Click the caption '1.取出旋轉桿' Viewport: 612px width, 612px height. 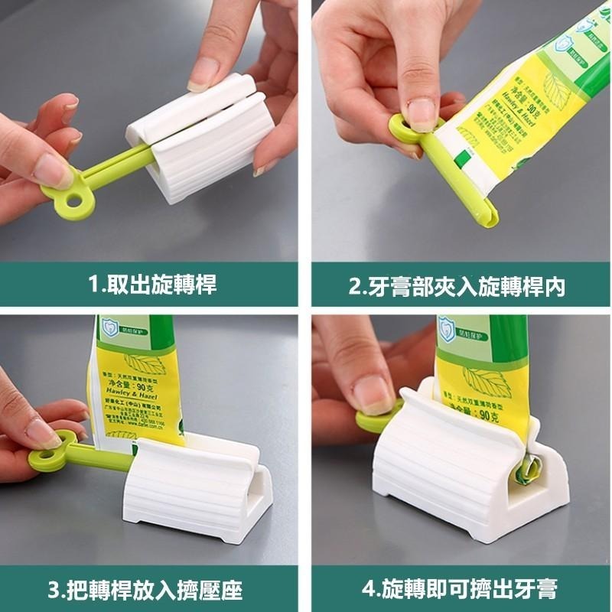coord(152,286)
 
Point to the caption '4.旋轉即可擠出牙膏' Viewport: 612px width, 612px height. coord(459,589)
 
